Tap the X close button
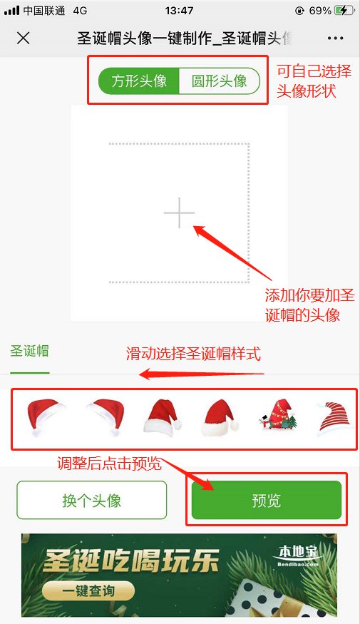[23, 39]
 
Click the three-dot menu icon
[335, 39]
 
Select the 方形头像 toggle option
[139, 81]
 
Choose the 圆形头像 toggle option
[219, 81]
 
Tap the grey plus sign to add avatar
[180, 213]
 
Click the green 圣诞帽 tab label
[29, 351]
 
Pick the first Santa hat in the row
[45, 417]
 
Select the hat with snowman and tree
[278, 415]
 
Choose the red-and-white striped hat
[335, 417]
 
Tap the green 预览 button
[267, 500]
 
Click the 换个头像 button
[91, 500]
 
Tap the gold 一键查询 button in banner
[88, 591]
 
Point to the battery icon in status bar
[344, 11]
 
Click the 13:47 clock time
[180, 11]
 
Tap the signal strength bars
[11, 11]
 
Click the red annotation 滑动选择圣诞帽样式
[193, 354]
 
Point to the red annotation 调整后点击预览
[109, 464]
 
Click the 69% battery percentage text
[320, 11]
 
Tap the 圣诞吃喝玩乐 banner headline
[131, 561]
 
